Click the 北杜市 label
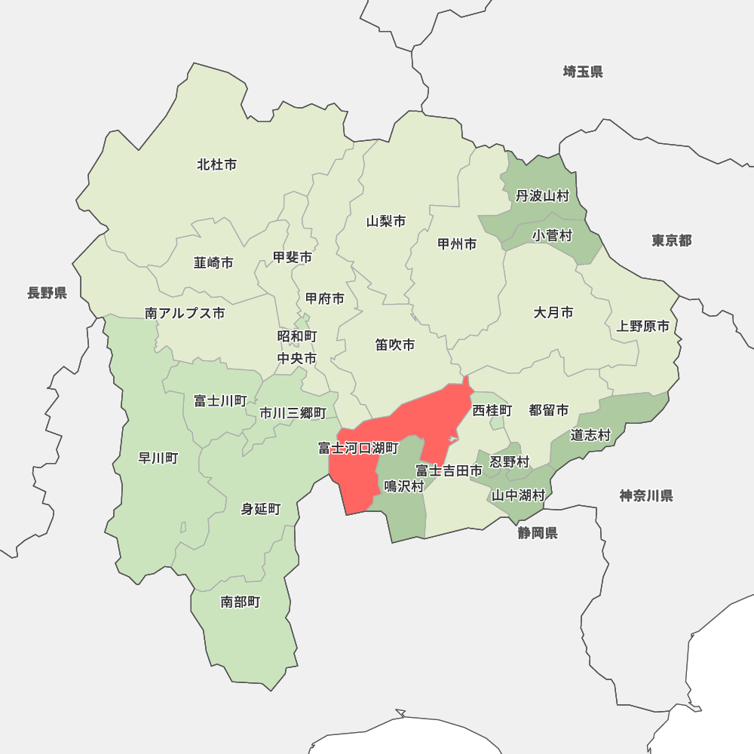217,164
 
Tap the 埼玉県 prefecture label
583,72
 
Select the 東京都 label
672,241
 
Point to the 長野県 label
48,293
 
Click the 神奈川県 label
646,495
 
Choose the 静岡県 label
538,534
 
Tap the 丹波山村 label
542,196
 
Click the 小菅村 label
553,236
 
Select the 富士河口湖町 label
358,449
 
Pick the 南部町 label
241,602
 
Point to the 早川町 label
158,458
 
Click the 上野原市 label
642,326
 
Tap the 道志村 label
590,435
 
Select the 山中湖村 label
518,495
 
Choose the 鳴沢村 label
404,486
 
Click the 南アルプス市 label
185,313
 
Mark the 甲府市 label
325,299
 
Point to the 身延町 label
261,509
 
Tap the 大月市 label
553,312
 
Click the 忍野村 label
510,461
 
